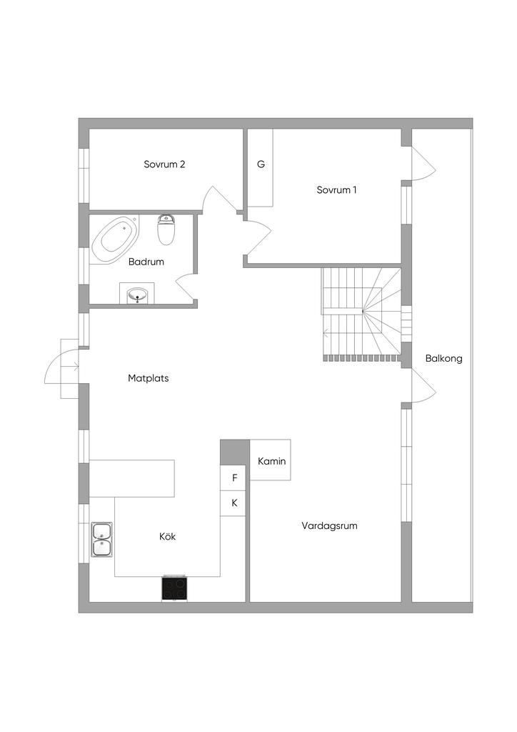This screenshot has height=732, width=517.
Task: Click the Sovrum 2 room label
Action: (164, 164)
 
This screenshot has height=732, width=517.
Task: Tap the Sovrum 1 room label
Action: (336, 190)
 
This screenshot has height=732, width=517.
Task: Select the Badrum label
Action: (146, 262)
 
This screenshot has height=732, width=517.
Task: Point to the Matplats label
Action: (149, 378)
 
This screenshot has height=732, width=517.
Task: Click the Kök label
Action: (167, 536)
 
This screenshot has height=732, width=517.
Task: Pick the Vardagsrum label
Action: (329, 525)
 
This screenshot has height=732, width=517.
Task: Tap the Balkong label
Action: (443, 359)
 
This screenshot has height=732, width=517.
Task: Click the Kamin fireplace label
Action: (271, 461)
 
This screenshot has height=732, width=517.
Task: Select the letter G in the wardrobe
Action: (261, 164)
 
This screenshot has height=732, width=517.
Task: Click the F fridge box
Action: (234, 478)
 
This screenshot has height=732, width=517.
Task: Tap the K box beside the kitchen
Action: (234, 503)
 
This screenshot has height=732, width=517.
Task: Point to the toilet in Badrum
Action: (166, 229)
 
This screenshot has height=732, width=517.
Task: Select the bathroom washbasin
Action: (137, 294)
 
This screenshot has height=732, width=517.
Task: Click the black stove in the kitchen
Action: (175, 588)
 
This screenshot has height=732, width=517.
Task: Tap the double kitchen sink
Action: (101, 540)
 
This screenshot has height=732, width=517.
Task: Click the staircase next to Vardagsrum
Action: (361, 312)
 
